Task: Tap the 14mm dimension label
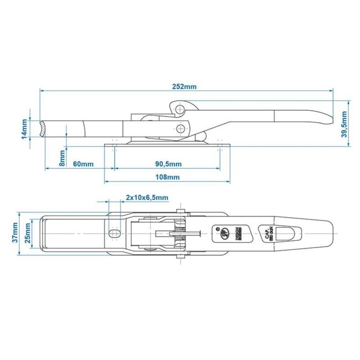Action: pyautogui.click(x=24, y=129)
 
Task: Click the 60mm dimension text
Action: pyautogui.click(x=83, y=165)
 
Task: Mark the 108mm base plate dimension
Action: pyautogui.click(x=168, y=177)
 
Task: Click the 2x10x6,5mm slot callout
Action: pyautogui.click(x=147, y=198)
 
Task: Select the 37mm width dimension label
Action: pyautogui.click(x=16, y=234)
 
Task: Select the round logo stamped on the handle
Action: pyautogui.click(x=224, y=234)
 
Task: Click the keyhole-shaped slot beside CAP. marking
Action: pyautogui.click(x=286, y=234)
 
